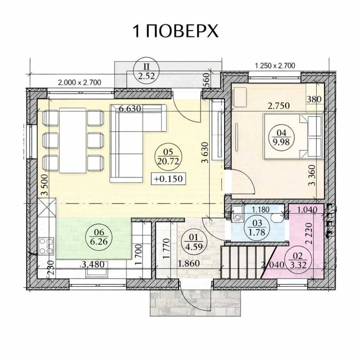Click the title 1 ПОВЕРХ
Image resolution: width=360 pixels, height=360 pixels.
pos(176,31)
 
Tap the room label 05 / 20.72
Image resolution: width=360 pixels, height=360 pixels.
pos(168,157)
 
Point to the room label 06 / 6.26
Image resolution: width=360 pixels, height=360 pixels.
pos(99,237)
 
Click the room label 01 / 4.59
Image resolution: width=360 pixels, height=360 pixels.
pos(193,242)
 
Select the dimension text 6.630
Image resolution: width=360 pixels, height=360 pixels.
pos(130,108)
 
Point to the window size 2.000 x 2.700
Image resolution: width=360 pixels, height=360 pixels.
pos(80,82)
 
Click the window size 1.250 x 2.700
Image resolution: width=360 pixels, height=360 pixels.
pos(275,66)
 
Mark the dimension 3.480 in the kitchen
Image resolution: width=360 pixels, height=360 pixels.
pos(93,265)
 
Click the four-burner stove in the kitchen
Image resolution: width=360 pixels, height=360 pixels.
pos(46,246)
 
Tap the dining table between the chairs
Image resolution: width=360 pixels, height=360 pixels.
pos(73,140)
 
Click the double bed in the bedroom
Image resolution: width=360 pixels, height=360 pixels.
pos(293,136)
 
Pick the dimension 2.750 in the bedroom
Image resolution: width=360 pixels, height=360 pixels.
pos(279,106)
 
